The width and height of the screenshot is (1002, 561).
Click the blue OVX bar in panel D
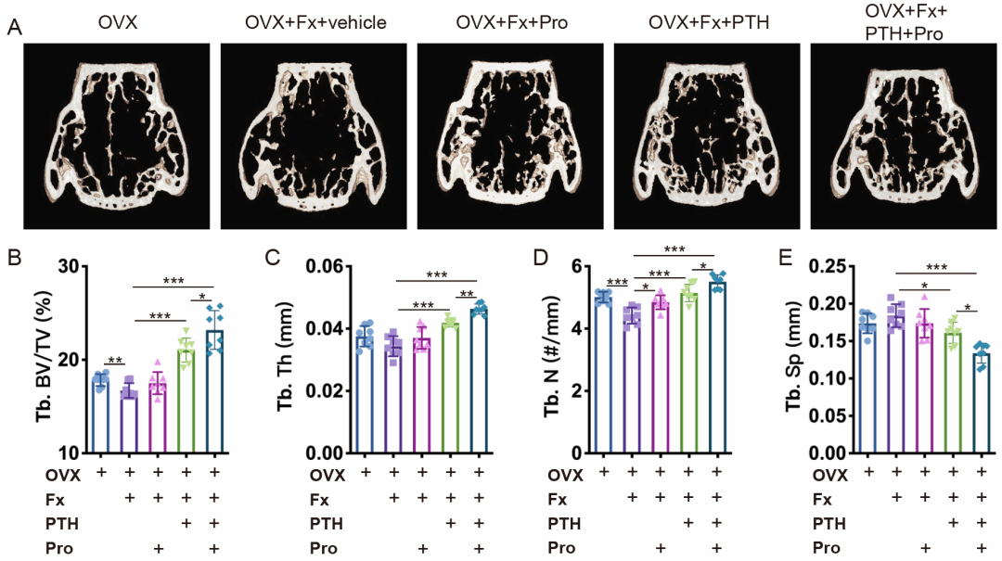(604, 376)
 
